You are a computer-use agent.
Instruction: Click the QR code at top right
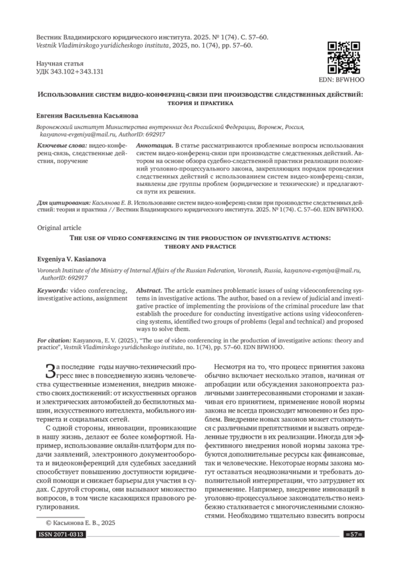pyautogui.click(x=342, y=57)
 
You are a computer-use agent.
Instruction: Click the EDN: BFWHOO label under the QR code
pyautogui.click(x=342, y=79)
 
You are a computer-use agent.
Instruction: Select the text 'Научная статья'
pyautogui.click(x=56, y=62)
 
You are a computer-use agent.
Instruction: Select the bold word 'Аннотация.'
pyautogui.click(x=154, y=145)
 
